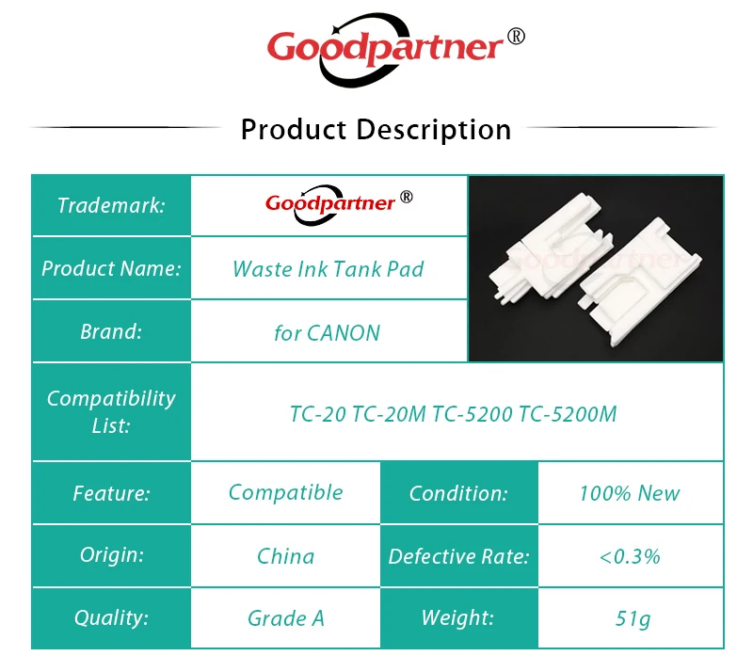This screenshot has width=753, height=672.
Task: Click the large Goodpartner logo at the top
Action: [x=395, y=50]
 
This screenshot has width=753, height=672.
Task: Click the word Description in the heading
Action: [x=434, y=130]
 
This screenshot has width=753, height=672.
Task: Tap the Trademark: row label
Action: [x=111, y=205]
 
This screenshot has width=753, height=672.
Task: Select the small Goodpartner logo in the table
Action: [x=339, y=204]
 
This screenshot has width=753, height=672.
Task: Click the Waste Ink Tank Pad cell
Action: [x=328, y=269]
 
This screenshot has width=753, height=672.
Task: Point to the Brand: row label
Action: [x=111, y=331]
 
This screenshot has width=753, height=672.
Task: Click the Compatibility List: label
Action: [x=111, y=411]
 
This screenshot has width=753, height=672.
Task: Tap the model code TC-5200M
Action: [x=568, y=414]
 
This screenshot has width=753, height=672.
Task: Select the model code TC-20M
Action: [x=389, y=414]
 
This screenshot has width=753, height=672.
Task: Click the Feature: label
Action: [x=111, y=493]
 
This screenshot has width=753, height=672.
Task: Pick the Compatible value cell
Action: [x=286, y=492]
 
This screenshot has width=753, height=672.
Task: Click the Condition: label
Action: [x=458, y=493]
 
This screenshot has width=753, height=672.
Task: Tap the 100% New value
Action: [x=630, y=493]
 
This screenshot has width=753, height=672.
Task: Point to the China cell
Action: [x=286, y=556]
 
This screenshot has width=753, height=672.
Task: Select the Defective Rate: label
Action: [x=458, y=556]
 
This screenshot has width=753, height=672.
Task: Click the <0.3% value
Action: [x=630, y=556]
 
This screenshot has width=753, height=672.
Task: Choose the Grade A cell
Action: [x=286, y=618]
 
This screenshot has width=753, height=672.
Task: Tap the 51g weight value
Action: [x=633, y=618]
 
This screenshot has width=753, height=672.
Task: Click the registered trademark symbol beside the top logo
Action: [x=516, y=37]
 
